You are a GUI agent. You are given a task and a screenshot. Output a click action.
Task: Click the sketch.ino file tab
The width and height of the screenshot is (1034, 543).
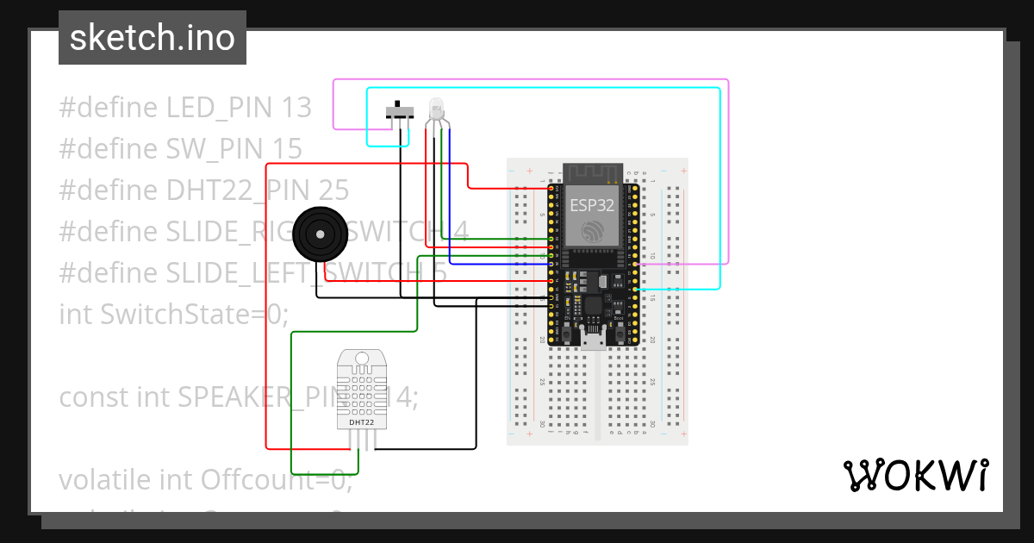[x=153, y=38]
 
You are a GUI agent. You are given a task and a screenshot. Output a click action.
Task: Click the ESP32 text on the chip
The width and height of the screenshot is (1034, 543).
[x=592, y=205]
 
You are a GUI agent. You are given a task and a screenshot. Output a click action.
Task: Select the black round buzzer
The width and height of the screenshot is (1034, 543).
[x=320, y=233]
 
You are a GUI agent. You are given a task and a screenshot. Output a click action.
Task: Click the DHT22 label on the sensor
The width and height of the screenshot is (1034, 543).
[x=361, y=422]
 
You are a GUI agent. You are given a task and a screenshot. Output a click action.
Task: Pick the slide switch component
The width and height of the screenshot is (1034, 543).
[x=399, y=113]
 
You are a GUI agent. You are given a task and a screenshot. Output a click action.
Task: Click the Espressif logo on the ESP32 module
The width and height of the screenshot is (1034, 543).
[x=593, y=231]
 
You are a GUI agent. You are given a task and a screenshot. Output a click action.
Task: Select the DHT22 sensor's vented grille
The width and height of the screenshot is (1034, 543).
[x=361, y=388]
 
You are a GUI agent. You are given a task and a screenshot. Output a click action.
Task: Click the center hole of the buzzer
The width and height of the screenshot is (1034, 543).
[x=320, y=234]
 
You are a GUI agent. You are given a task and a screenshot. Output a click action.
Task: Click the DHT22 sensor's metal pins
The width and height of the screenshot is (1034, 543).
[x=362, y=440]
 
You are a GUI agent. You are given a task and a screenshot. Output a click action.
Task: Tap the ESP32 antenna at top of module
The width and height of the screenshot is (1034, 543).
[x=593, y=174]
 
